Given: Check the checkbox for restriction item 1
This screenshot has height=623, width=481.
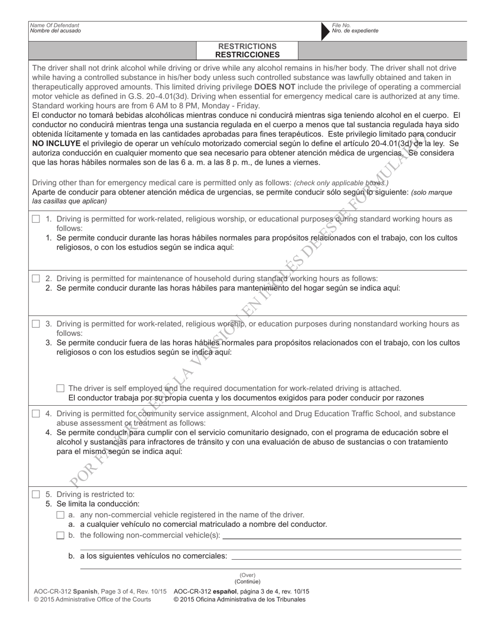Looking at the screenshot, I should point(35,219).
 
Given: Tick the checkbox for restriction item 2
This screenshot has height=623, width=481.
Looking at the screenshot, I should point(35,279).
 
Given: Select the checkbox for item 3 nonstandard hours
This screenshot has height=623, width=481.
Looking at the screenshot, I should point(35,324).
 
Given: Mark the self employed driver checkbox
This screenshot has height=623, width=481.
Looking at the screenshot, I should point(60,388).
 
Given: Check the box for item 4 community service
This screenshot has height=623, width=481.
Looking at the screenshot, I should point(35,414).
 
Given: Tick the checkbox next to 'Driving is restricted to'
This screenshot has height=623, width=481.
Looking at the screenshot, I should point(35,494).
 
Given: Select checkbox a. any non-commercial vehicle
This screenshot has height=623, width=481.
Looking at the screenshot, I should point(60,515).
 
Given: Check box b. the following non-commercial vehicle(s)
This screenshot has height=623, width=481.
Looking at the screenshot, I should point(60,535).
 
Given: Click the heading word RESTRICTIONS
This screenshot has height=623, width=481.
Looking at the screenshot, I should point(247,46).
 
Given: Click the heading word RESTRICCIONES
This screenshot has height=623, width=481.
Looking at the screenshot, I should point(247,55).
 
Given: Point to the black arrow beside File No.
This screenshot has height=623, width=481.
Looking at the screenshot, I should point(325,31).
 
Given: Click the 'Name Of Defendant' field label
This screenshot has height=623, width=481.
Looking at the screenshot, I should point(55,25).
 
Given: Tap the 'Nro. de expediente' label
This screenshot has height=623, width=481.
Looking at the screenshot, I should point(355,31).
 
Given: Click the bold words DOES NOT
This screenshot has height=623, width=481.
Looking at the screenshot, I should point(275,87).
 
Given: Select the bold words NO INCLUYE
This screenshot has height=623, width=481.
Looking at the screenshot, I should point(56,143).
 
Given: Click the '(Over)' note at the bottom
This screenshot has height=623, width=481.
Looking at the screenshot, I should point(248,575).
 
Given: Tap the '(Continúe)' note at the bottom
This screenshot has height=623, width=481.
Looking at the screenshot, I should point(248,581).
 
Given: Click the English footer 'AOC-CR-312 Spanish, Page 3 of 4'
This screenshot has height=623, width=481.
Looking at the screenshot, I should point(100,591).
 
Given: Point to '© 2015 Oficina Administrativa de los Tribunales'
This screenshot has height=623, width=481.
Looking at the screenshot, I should point(239,599).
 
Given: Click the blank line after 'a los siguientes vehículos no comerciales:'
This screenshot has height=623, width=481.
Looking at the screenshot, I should point(346,559).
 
